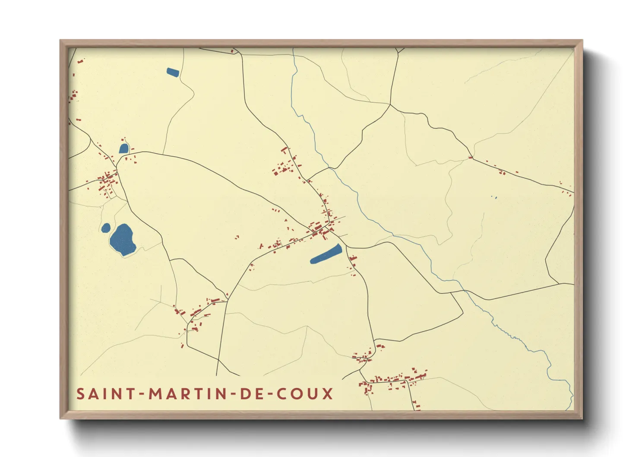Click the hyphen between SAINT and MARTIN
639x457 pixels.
(x=141, y=394)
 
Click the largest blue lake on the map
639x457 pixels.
(x=123, y=239)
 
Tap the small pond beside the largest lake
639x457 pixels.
(x=106, y=228)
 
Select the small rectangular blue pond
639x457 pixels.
(x=173, y=72)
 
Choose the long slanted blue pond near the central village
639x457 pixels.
(x=326, y=254)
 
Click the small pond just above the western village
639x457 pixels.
(x=124, y=149)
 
